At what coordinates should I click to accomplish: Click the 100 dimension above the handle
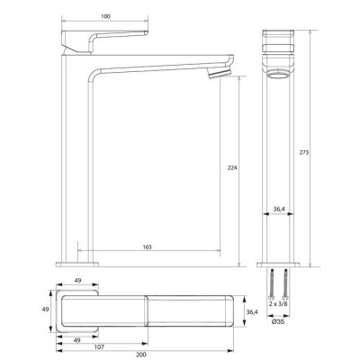[x=105, y=16]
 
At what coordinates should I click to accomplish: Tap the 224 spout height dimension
[x=232, y=167]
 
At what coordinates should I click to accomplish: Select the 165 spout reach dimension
[x=147, y=247]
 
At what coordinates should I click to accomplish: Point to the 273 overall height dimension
[x=303, y=152]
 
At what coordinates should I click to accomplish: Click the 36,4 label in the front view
[x=279, y=210]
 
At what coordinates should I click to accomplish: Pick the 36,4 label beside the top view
[x=252, y=312]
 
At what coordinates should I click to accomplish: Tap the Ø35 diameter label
[x=278, y=322]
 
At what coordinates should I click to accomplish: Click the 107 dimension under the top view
[x=99, y=347]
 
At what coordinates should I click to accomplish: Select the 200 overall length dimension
[x=141, y=355]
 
